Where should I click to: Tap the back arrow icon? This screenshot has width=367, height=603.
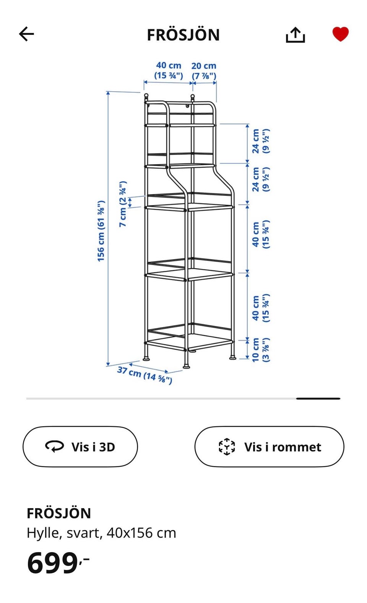(x=26, y=34)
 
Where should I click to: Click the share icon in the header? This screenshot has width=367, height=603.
(x=295, y=35)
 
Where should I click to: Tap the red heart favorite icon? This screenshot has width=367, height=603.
(x=340, y=34)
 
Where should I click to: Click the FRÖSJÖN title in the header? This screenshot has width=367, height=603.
(x=183, y=35)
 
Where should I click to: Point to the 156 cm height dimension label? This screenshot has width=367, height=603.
(x=101, y=231)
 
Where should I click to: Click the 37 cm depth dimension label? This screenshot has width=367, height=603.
(x=145, y=375)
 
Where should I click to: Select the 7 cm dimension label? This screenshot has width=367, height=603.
(x=123, y=204)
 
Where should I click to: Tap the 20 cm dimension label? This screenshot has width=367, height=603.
(x=204, y=71)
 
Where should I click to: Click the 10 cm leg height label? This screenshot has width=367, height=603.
(x=260, y=350)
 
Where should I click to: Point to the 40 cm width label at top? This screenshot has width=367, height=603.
(x=169, y=70)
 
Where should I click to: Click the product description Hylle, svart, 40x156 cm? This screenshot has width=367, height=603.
(x=101, y=533)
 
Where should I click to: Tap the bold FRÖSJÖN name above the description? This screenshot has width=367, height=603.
(x=59, y=513)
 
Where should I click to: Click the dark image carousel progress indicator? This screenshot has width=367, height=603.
(x=318, y=398)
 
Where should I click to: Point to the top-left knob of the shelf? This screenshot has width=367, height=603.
(x=146, y=95)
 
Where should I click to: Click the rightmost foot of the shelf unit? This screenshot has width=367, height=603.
(x=232, y=358)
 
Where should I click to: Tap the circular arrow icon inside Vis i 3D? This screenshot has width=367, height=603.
(x=54, y=447)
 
